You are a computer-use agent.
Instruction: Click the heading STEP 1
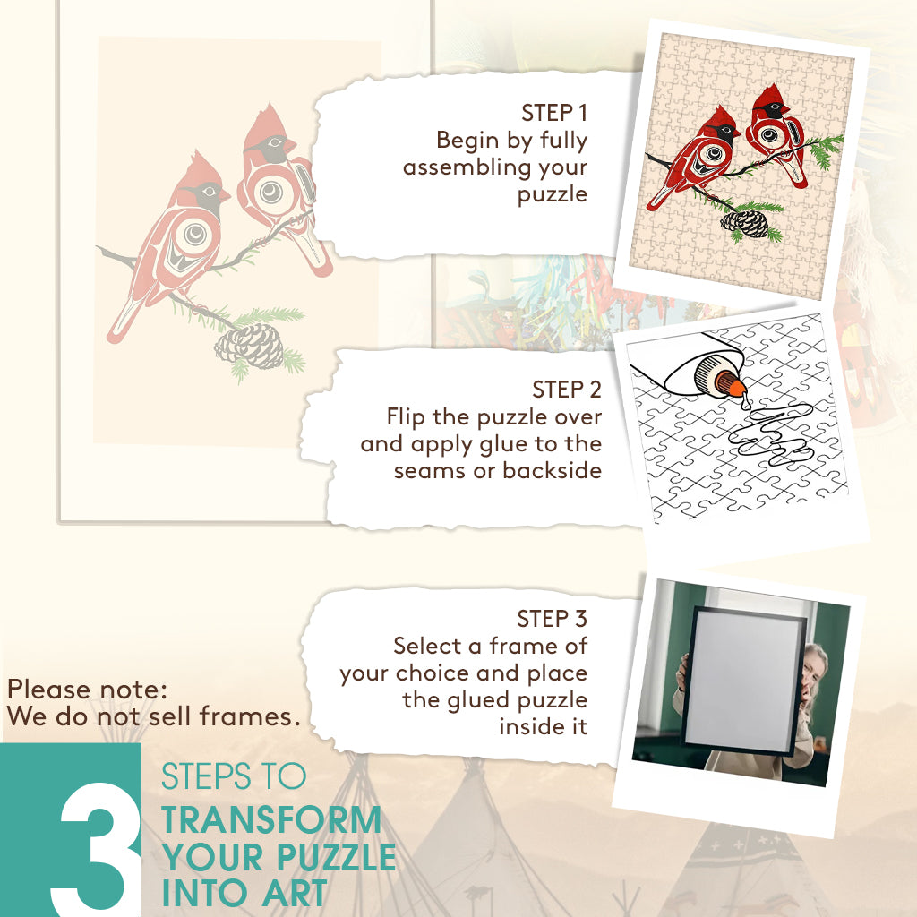pyautogui.click(x=553, y=113)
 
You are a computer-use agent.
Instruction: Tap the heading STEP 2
pyautogui.click(x=567, y=390)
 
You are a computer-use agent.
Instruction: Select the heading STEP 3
pyautogui.click(x=552, y=619)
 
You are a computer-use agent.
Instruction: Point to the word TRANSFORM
pyautogui.click(x=271, y=820)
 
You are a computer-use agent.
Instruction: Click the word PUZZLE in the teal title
pyautogui.click(x=337, y=857)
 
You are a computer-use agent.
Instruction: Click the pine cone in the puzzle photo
pyautogui.click(x=744, y=223)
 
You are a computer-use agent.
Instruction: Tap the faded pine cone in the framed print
pyautogui.click(x=249, y=347)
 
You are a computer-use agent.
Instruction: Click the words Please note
pyautogui.click(x=88, y=690)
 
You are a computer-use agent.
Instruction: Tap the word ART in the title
pyautogui.click(x=294, y=894)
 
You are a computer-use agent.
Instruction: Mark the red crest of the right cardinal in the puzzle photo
pyautogui.click(x=771, y=93)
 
